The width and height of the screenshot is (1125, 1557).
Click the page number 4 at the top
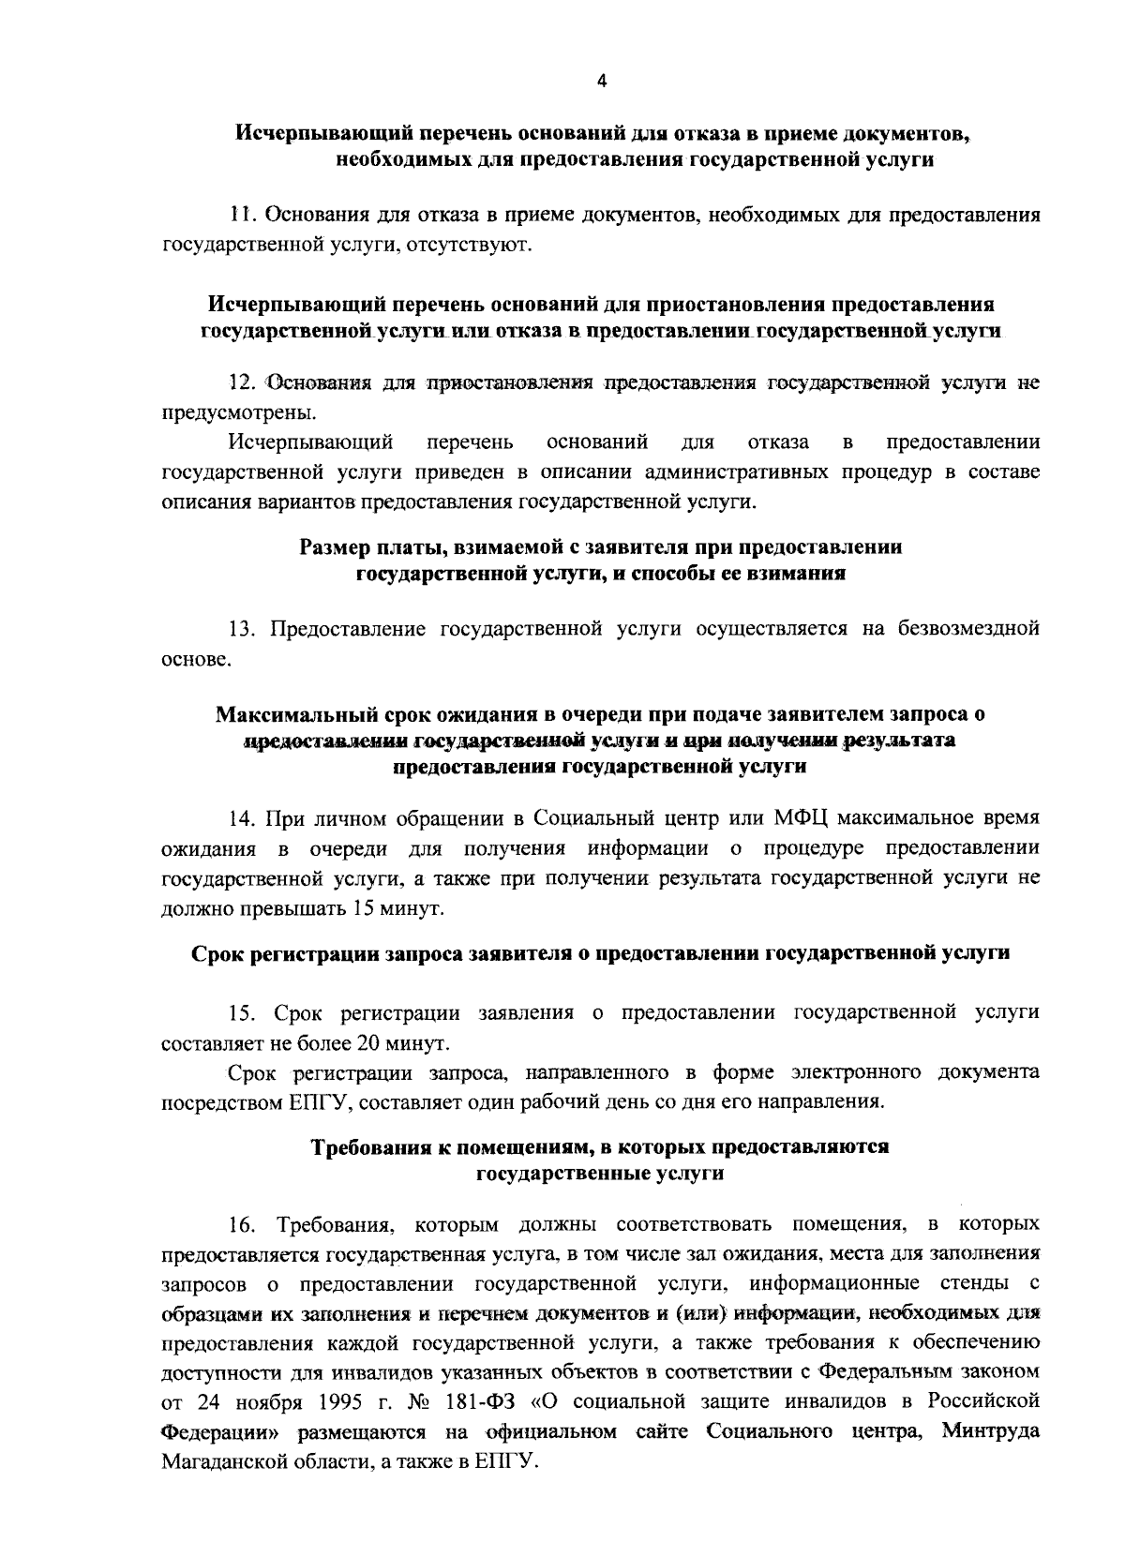(x=602, y=82)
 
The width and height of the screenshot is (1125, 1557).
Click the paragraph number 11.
(x=243, y=216)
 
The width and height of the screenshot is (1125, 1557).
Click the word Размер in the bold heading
(x=335, y=546)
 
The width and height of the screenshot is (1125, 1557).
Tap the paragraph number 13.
(x=243, y=628)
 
